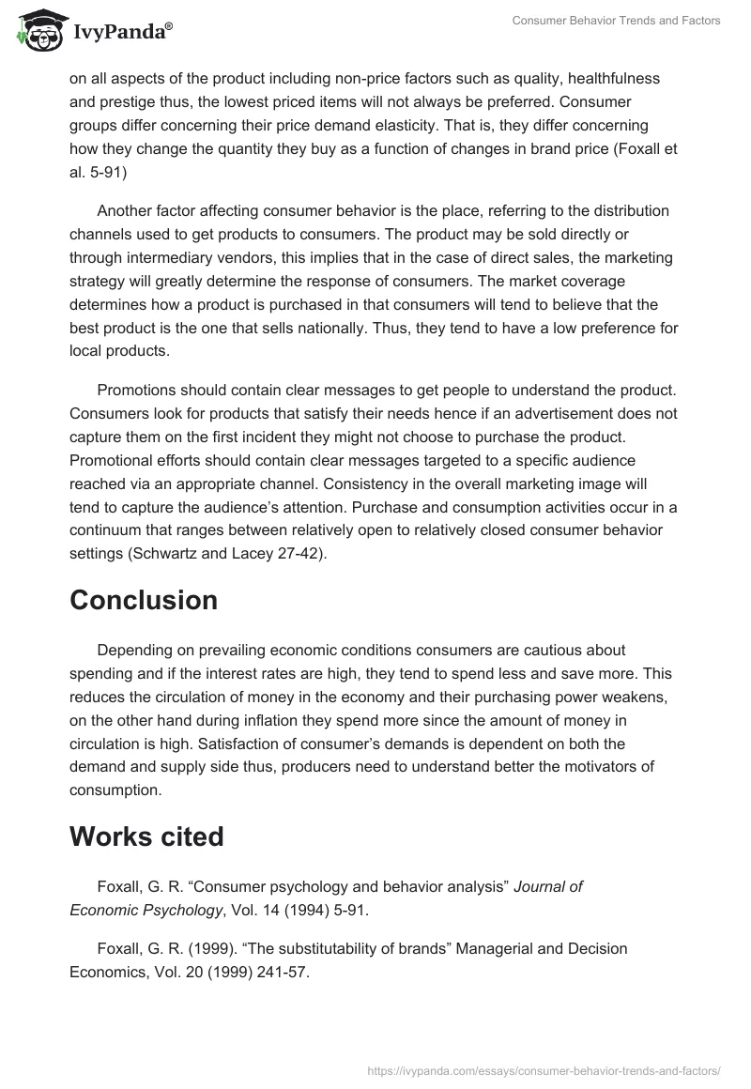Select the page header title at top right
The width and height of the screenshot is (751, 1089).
coord(616,21)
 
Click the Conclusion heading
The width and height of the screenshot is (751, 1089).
coord(144,600)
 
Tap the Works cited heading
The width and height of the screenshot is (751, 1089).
coord(146,836)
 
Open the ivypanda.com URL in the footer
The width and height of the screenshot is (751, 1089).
coord(544,1069)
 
